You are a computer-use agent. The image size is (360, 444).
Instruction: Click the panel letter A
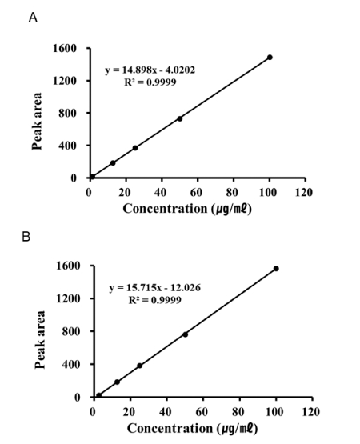pos(33,17)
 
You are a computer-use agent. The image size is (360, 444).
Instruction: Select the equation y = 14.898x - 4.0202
pos(150,70)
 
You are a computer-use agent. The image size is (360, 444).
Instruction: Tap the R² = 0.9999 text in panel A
pos(150,82)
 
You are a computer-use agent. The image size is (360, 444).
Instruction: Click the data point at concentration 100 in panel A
pos(270,58)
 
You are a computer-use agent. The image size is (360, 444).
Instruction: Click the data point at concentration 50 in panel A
pos(180,118)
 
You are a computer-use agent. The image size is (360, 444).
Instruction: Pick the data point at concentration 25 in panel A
pos(135,148)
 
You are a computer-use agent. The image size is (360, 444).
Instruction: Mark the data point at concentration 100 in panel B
pos(276,269)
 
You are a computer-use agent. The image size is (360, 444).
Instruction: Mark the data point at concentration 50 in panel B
pos(186,334)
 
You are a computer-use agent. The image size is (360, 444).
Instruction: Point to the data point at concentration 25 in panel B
pos(140,366)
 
